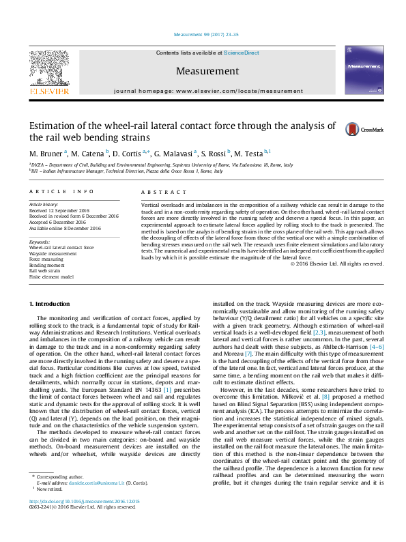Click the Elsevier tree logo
(48, 69)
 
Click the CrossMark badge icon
(353, 128)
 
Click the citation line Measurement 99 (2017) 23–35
(203, 33)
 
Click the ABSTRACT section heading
(156, 192)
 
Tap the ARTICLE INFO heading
(61, 192)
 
